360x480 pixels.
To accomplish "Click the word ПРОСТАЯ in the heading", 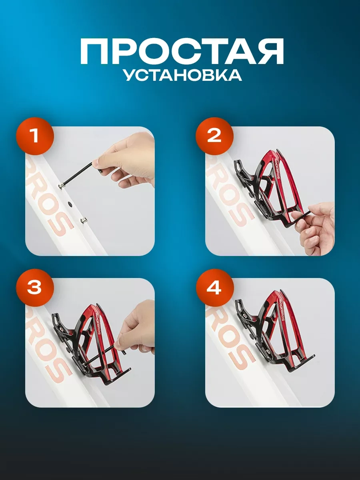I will pos(182,52).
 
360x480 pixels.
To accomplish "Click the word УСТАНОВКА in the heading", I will pos(182,75).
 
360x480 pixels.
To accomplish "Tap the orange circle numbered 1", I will pos(34,136).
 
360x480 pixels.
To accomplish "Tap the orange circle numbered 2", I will pos(214,136).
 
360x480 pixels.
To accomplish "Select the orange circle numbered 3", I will pos(34,288).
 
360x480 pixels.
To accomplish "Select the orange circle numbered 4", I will pos(214,288).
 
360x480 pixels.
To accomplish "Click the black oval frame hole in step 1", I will pos(71,204).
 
